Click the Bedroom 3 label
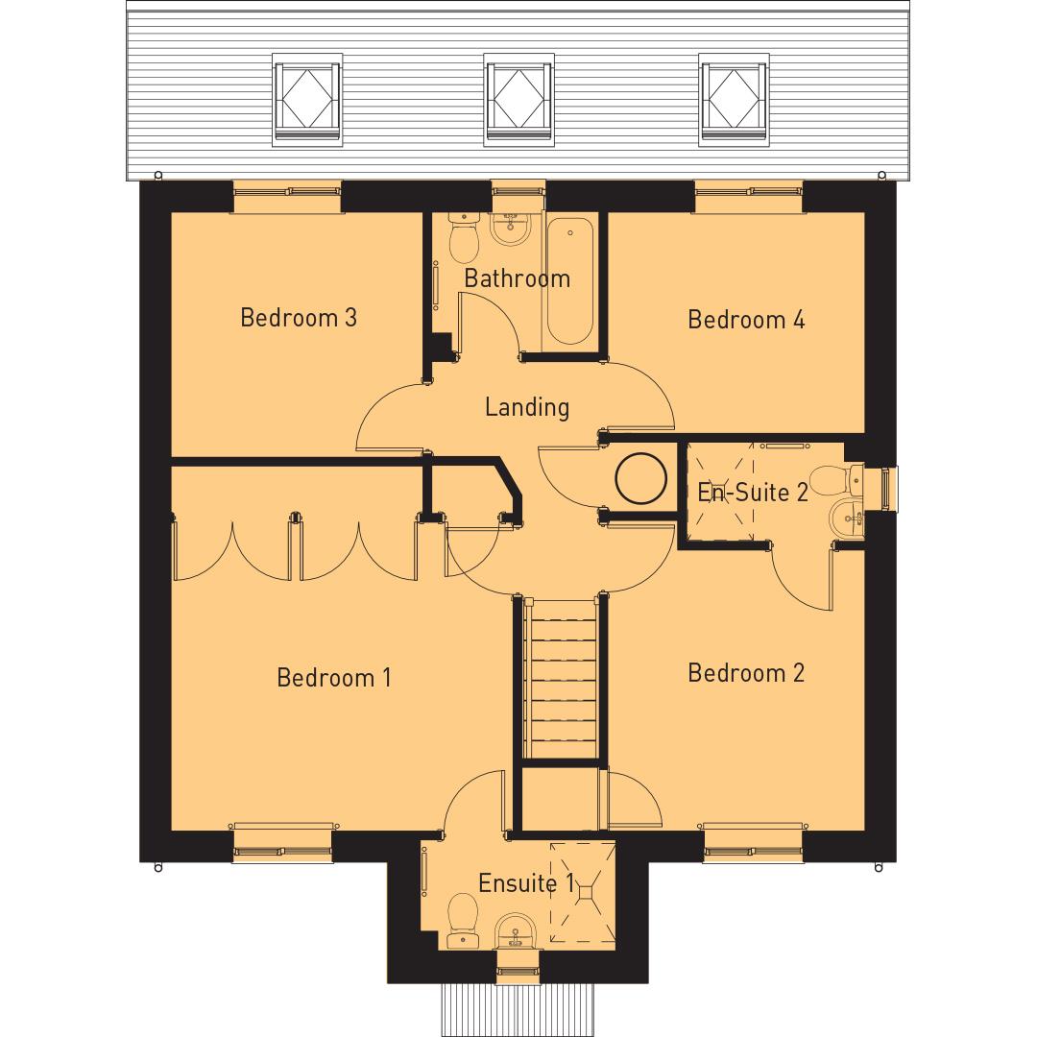298,317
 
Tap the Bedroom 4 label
746,319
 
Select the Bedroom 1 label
333,678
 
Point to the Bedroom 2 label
746,673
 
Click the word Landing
526,407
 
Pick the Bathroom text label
517,278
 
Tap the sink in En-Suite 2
847,518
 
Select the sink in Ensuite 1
516,929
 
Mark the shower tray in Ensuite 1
581,893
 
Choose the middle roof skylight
519,104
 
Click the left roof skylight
307,104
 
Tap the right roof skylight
735,104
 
